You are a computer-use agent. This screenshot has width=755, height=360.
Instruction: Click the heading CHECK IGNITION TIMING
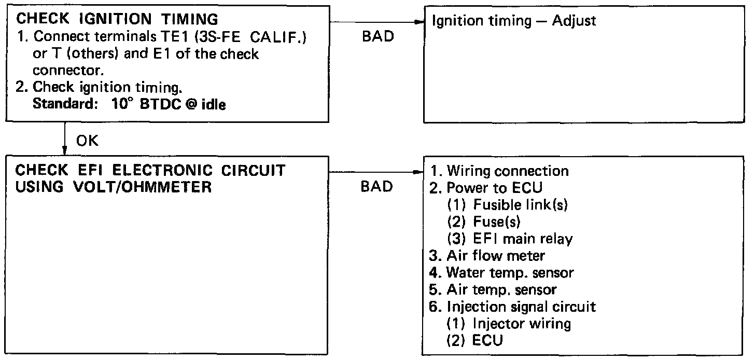118,19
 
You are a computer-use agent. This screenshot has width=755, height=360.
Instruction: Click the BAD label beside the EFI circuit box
377,186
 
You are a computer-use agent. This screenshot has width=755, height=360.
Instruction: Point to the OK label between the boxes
88,141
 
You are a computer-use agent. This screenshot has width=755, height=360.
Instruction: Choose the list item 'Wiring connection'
500,171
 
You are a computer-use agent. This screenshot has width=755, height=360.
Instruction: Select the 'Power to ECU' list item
485,188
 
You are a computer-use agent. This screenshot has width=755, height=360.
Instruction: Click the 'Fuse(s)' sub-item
483,221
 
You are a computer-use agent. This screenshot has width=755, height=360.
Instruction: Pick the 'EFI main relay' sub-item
510,239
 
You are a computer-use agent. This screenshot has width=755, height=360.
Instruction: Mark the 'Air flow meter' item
487,255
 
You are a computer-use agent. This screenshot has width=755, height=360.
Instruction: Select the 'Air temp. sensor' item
494,289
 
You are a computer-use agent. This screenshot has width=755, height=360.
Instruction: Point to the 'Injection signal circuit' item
513,306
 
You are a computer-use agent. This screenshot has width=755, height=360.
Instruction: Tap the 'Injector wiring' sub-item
509,323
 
